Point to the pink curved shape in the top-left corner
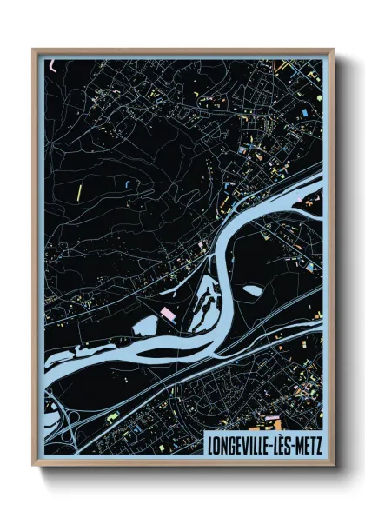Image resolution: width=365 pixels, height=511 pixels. point(54,63)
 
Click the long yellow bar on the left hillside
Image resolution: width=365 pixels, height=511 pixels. point(78,189)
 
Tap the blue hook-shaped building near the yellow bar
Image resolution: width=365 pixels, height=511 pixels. point(129,184)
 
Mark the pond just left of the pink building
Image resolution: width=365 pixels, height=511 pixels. point(147,324)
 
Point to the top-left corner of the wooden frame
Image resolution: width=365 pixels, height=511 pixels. point(34,50)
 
